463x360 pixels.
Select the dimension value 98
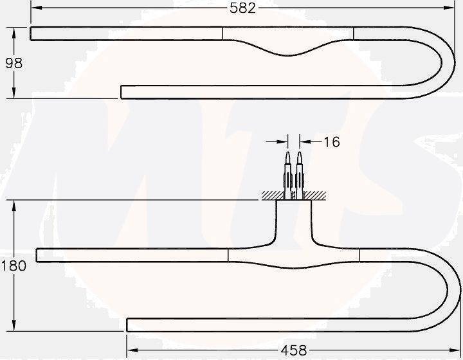pyautogui.click(x=14, y=63)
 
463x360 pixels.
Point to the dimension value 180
pyautogui.click(x=14, y=265)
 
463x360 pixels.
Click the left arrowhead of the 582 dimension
pyautogui.click(x=35, y=8)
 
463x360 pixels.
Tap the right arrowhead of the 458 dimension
pyautogui.click(x=456, y=350)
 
